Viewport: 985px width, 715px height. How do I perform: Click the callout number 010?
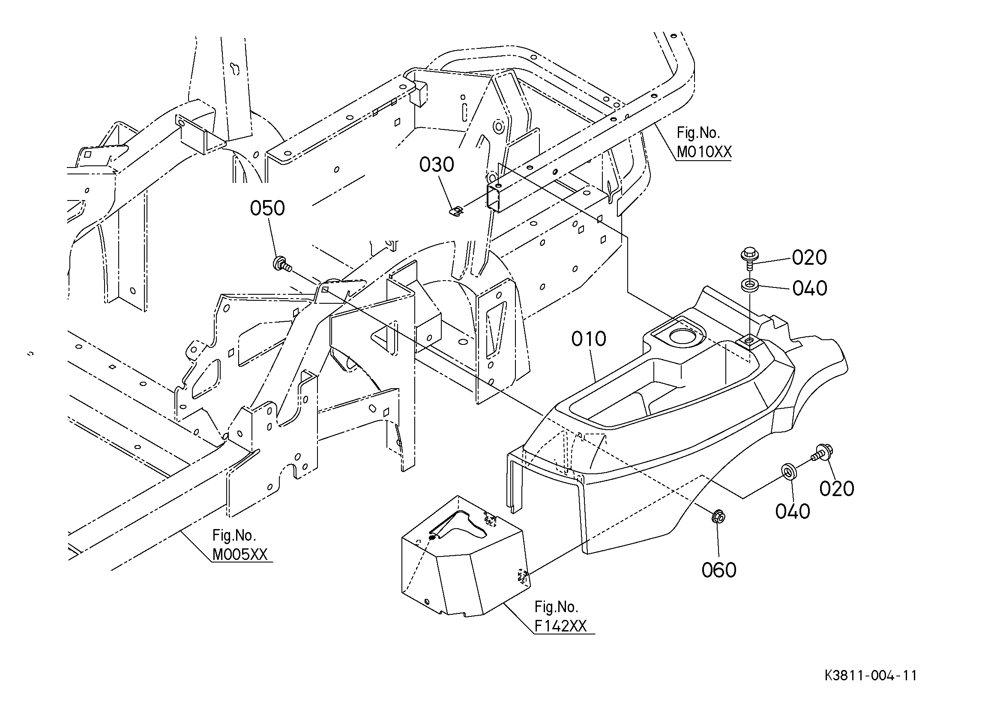click(589, 339)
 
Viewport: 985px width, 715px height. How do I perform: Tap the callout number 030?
click(437, 165)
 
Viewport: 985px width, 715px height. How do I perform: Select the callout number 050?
click(267, 209)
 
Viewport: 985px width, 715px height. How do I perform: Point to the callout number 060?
click(719, 570)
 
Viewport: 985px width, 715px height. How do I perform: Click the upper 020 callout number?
click(809, 257)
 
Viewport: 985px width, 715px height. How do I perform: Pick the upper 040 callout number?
click(809, 288)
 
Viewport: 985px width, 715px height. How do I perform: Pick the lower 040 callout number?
click(793, 512)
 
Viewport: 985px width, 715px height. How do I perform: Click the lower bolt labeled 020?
click(821, 453)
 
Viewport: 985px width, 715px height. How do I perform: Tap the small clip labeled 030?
click(455, 211)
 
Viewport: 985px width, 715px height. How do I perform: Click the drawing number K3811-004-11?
click(871, 676)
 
